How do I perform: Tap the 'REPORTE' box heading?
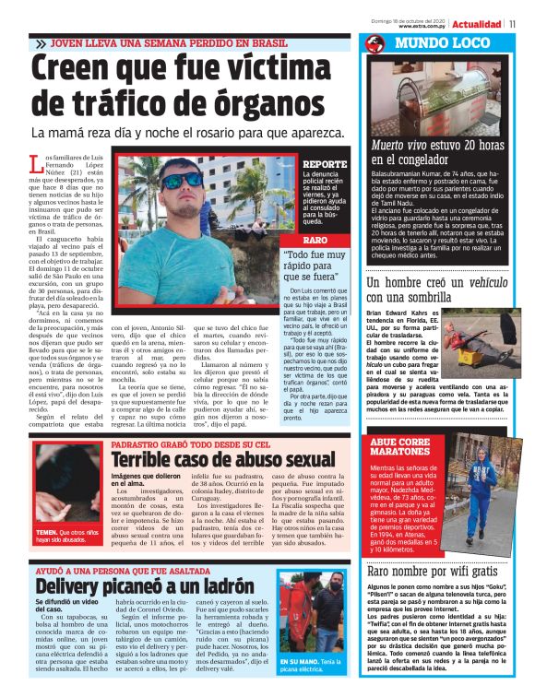coord(325,165)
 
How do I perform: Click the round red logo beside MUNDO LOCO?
coord(374,43)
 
